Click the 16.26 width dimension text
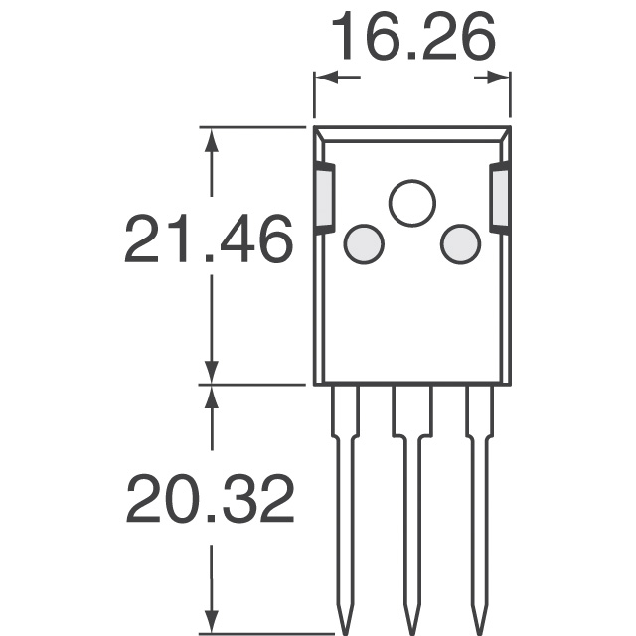(x=411, y=39)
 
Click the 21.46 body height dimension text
(x=209, y=240)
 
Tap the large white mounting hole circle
(x=412, y=204)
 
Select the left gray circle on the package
(x=364, y=244)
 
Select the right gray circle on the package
(x=460, y=244)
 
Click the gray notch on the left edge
(x=325, y=198)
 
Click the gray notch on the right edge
(x=500, y=198)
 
